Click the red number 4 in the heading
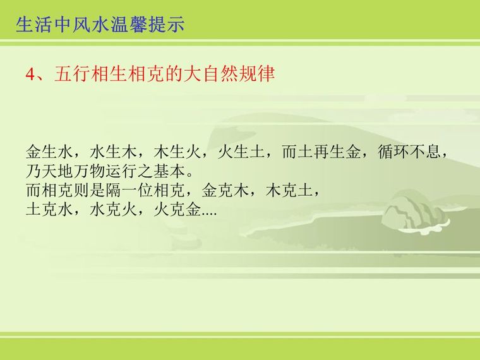click(x=31, y=75)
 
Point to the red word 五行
click(x=72, y=74)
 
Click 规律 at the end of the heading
click(x=256, y=74)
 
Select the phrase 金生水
click(x=50, y=152)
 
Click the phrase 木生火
click(x=177, y=152)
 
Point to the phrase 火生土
click(x=241, y=152)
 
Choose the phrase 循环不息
click(x=409, y=152)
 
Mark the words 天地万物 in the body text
click(x=73, y=171)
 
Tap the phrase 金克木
click(x=225, y=190)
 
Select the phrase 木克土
click(x=289, y=190)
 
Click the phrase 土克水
click(x=50, y=210)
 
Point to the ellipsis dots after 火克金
click(x=209, y=214)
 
